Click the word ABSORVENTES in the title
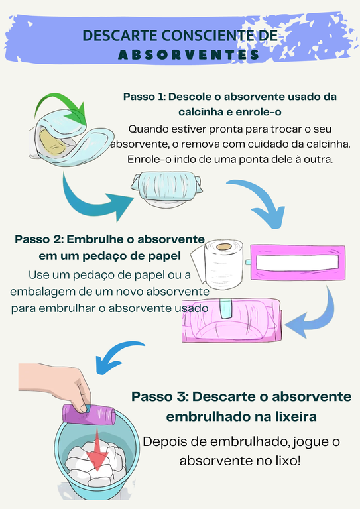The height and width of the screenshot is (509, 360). pyautogui.click(x=188, y=54)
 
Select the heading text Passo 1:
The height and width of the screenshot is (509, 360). pyautogui.click(x=144, y=97)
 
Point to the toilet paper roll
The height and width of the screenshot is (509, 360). pyautogui.click(x=217, y=263)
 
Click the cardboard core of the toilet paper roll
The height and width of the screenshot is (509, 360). pyautogui.click(x=224, y=247)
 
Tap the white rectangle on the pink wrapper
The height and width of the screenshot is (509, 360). pyautogui.click(x=297, y=262)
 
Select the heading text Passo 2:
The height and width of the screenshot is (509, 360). pyautogui.click(x=39, y=239)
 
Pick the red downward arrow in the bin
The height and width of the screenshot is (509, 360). pyautogui.click(x=97, y=449)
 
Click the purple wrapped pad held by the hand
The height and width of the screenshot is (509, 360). pyautogui.click(x=89, y=414)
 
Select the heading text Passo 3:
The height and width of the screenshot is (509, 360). pyautogui.click(x=160, y=397)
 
